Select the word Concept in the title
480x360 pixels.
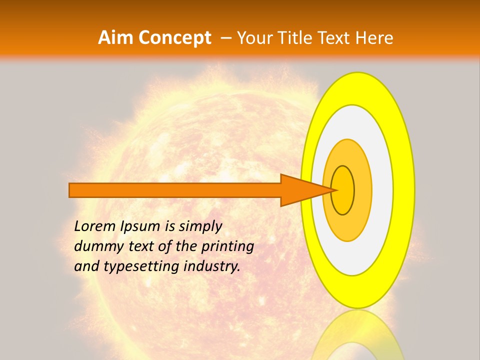pos(175,38)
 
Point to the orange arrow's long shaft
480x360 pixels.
pos(175,190)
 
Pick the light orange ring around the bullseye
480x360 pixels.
pos(363,190)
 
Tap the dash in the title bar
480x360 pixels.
pos(226,38)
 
